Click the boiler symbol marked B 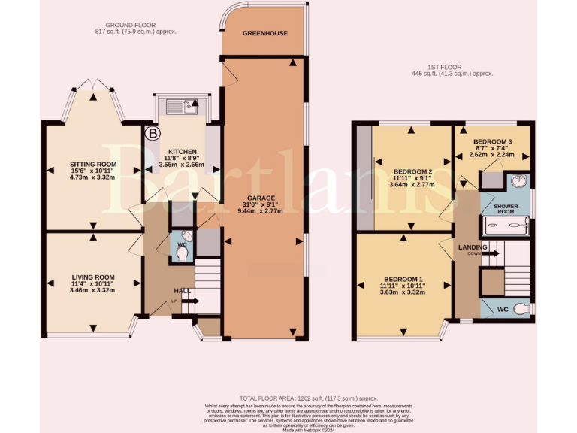153,134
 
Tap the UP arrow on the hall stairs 187,301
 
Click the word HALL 182,291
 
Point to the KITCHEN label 182,150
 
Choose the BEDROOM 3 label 492,141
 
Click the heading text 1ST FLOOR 443,66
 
